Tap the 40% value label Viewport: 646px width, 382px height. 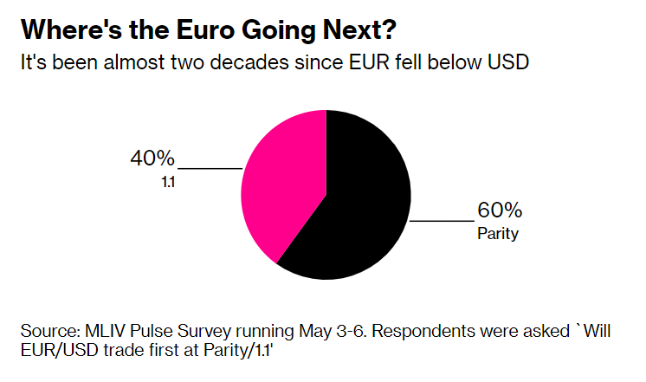click(x=152, y=159)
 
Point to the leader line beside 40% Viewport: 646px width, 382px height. click(x=210, y=167)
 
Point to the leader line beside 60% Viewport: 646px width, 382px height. click(x=442, y=221)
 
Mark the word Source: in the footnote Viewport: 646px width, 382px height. click(x=48, y=332)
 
